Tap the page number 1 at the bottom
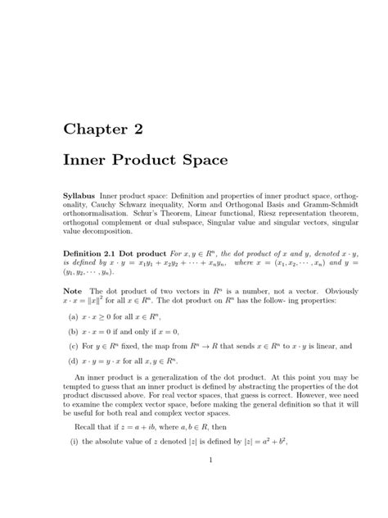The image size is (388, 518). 210,482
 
